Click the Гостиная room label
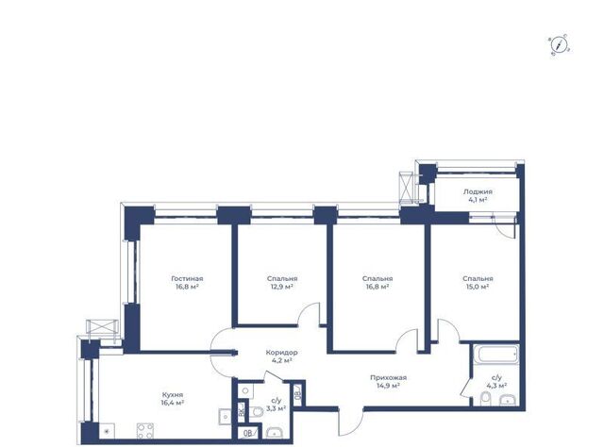click(x=187, y=278)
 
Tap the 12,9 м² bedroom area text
click(x=282, y=287)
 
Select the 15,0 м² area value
click(x=478, y=287)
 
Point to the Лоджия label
click(x=478, y=191)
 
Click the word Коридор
click(x=281, y=353)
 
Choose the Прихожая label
click(x=388, y=378)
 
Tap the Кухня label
click(x=172, y=394)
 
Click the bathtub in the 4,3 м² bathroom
click(x=496, y=354)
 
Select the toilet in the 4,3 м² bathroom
click(x=486, y=399)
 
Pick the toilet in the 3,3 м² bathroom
click(x=256, y=412)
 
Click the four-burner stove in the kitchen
click(x=145, y=431)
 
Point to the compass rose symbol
click(x=560, y=44)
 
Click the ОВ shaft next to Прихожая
click(x=298, y=393)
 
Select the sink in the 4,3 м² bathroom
click(x=510, y=400)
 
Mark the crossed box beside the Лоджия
click(x=407, y=187)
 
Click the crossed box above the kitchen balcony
click(x=102, y=326)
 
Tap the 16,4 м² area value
click(x=172, y=403)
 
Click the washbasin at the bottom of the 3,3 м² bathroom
click(x=275, y=432)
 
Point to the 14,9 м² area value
click(x=388, y=386)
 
